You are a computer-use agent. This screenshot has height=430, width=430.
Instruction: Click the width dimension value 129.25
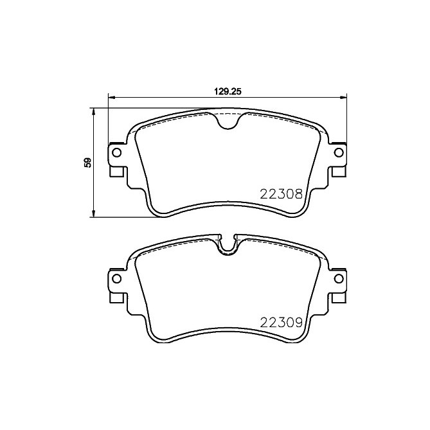click(227, 91)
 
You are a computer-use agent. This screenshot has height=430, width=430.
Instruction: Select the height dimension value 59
click(88, 163)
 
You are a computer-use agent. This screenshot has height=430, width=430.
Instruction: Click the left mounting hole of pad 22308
click(116, 152)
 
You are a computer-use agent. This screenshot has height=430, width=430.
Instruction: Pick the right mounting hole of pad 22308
click(338, 152)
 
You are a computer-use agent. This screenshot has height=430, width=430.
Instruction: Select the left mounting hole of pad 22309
click(116, 278)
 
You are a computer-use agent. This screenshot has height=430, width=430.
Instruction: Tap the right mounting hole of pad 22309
click(338, 278)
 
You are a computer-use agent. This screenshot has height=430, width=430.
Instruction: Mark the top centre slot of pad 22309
click(227, 244)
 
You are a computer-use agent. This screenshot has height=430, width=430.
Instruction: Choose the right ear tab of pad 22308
click(337, 159)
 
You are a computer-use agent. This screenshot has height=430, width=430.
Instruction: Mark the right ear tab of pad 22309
click(337, 285)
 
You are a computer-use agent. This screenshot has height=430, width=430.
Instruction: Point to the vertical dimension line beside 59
click(95, 186)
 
